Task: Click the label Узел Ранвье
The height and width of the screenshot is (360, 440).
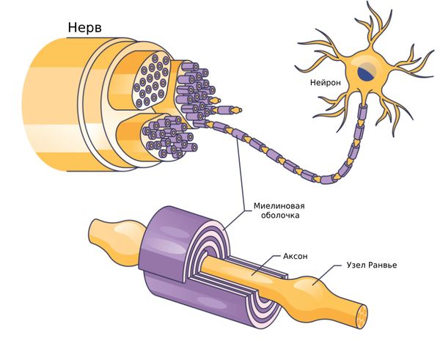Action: click(374, 265)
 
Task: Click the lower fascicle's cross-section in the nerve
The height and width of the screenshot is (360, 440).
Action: click(165, 136)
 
